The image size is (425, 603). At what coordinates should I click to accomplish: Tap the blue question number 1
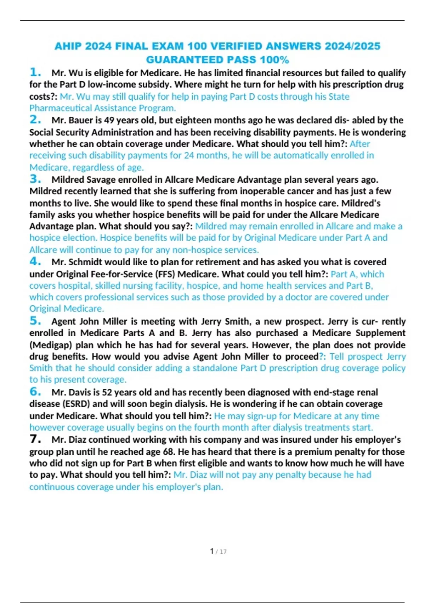[35, 72]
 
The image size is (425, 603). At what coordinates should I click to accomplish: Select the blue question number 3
[35, 179]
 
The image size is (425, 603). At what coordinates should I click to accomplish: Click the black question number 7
[35, 439]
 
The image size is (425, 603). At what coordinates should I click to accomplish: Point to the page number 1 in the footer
[212, 551]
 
